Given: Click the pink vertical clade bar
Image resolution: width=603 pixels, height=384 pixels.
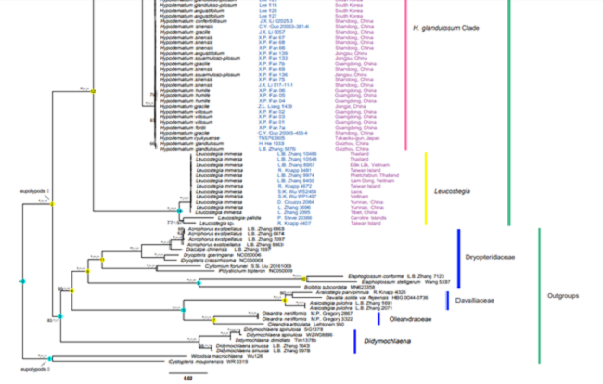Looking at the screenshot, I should pyautogui.click(x=404, y=74).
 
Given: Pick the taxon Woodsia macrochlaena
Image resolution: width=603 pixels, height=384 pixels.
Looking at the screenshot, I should pyautogui.click(x=208, y=356).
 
